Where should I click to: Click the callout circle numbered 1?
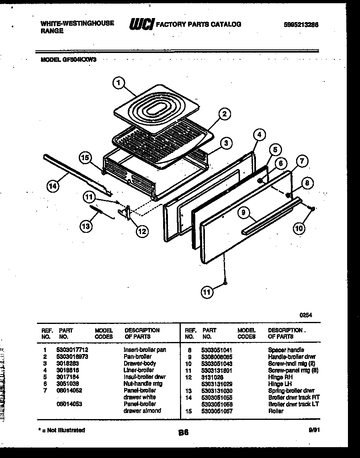point(117,83)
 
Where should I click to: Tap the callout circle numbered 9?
point(244,213)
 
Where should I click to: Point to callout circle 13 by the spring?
point(86,226)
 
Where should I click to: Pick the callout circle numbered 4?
point(260,135)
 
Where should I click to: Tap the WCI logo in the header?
point(141,24)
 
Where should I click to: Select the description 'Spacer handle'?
point(286,350)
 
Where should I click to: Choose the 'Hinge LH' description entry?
point(280,384)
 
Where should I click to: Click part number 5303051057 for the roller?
point(217,411)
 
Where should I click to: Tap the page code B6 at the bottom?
point(183,433)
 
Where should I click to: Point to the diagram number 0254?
point(305,315)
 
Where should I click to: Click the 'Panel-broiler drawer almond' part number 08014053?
point(70,404)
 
